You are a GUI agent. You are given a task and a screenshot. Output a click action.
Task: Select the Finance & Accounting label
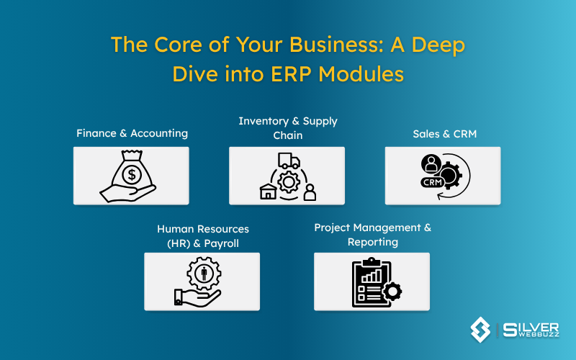(x=132, y=133)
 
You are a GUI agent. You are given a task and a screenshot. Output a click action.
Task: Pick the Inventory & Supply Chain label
(x=287, y=127)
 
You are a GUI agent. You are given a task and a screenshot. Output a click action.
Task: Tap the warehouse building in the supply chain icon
(x=267, y=190)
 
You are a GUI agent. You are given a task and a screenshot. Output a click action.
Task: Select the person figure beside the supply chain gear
(x=310, y=192)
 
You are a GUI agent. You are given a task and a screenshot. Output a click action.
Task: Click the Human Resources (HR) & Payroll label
(x=202, y=236)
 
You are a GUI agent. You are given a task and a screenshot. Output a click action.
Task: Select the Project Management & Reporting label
(x=372, y=235)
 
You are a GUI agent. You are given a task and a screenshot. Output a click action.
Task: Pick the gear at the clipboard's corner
(x=392, y=292)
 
